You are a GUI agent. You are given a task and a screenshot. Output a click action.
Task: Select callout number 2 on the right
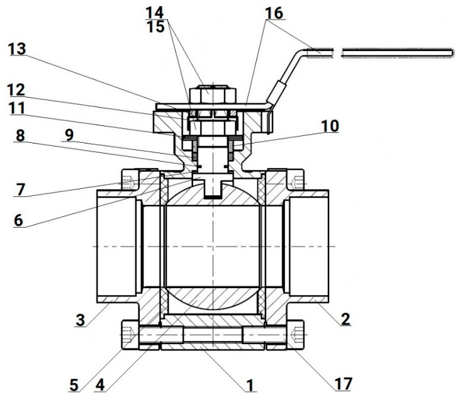coord(345,319)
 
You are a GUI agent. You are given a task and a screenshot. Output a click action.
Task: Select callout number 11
coord(21,109)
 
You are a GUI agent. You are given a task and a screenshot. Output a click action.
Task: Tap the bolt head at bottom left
coord(128,334)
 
